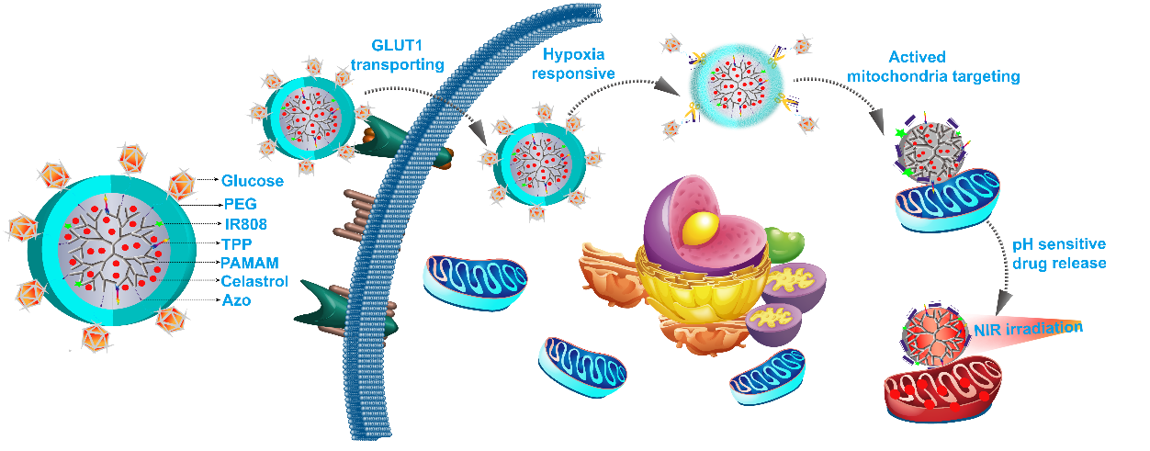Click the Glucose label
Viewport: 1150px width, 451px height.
252,181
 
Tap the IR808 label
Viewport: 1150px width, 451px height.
245,222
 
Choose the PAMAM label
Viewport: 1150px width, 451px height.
249,263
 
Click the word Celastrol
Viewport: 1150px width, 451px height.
254,281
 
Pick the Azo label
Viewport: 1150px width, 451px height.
236,300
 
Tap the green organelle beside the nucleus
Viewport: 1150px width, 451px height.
785,246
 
